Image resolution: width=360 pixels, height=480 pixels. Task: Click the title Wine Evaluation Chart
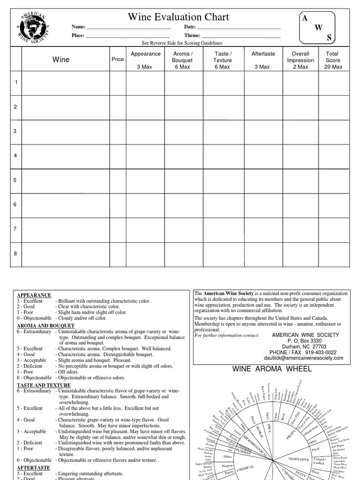pos(179,17)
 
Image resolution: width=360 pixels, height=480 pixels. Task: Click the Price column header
pos(118,60)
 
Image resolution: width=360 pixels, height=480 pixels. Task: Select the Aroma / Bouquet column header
pos(182,60)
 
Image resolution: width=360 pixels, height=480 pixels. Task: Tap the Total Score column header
pos(333,60)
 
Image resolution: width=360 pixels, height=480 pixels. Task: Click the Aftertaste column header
pos(263,54)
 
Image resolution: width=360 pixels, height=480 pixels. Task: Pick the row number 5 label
pos(15,180)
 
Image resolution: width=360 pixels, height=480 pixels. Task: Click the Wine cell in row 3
pos(65,131)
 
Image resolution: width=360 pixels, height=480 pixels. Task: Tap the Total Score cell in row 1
pos(333,82)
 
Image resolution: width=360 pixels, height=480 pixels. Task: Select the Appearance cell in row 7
pos(145,229)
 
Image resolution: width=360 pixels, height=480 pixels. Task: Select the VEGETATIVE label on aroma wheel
pos(299,458)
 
